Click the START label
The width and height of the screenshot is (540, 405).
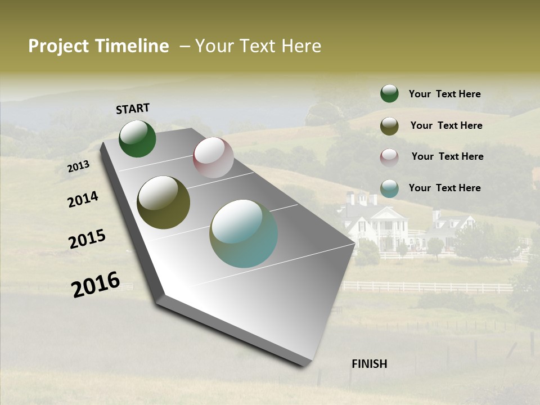pyautogui.click(x=133, y=109)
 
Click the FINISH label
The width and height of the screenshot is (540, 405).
pyautogui.click(x=369, y=364)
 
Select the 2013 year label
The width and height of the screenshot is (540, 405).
pyautogui.click(x=78, y=166)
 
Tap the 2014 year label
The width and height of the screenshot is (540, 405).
pyautogui.click(x=83, y=199)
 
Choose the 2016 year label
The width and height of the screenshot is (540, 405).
pyautogui.click(x=96, y=284)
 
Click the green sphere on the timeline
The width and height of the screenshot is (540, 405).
pyautogui.click(x=137, y=138)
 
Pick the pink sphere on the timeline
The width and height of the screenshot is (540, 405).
pyautogui.click(x=213, y=157)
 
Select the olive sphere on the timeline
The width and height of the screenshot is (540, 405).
pyautogui.click(x=163, y=202)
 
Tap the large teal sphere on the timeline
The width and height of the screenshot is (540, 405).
pyautogui.click(x=244, y=233)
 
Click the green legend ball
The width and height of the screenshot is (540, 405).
pyautogui.click(x=389, y=93)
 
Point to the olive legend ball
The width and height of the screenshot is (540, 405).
pyautogui.click(x=389, y=126)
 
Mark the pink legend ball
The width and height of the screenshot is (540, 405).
pyautogui.click(x=389, y=157)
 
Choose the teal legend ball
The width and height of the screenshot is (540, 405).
pyautogui.click(x=389, y=188)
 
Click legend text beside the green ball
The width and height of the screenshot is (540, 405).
pyautogui.click(x=444, y=94)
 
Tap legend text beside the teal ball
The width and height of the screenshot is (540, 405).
pyautogui.click(x=444, y=188)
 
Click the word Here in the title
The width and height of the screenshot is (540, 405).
pyautogui.click(x=301, y=46)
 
